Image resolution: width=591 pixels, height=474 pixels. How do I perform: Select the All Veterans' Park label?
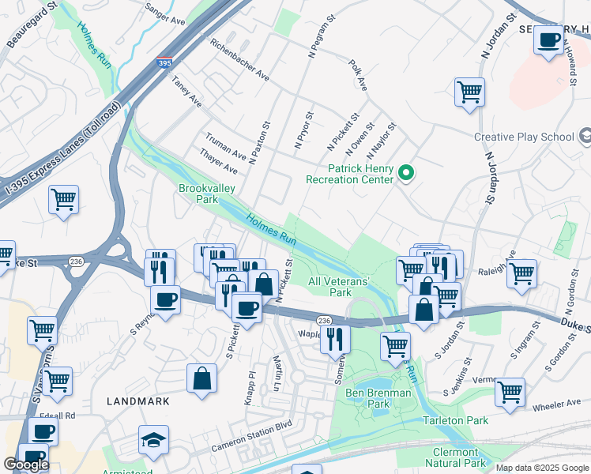[339, 287]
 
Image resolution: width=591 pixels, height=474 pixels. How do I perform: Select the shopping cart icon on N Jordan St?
[469, 92]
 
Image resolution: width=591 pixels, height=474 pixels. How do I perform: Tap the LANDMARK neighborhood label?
[138, 401]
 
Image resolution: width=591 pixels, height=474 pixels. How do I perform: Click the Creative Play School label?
[524, 137]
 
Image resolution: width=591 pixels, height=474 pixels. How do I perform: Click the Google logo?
[26, 465]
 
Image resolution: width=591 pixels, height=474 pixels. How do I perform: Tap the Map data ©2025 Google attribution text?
[542, 468]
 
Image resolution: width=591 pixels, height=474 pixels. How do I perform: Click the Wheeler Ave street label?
[555, 403]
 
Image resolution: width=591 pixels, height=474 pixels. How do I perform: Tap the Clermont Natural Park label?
[454, 457]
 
